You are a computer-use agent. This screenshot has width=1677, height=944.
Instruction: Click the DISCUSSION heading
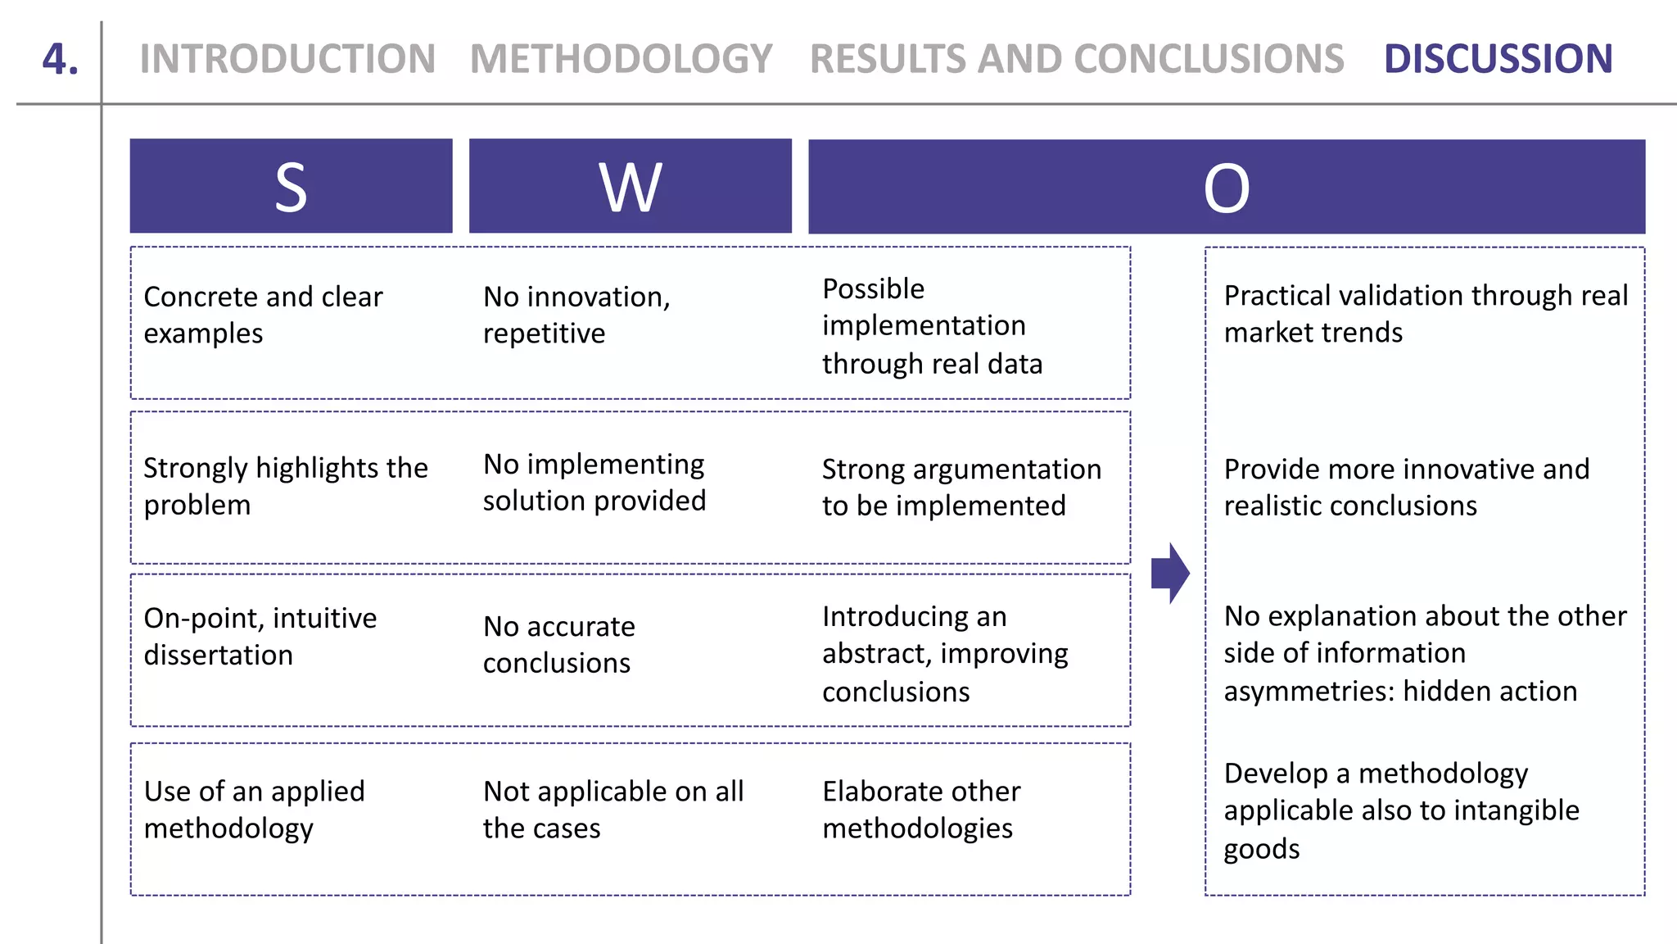click(x=1498, y=59)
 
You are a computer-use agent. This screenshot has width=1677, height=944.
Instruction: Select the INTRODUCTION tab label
click(x=287, y=59)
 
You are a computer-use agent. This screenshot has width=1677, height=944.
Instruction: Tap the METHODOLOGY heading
click(x=621, y=59)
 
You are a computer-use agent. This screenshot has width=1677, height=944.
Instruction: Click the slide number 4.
click(x=61, y=59)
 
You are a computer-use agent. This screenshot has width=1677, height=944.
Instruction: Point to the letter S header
click(x=291, y=187)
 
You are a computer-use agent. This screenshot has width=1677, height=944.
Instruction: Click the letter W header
click(x=630, y=187)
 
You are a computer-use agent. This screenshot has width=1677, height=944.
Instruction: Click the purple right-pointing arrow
click(x=1170, y=573)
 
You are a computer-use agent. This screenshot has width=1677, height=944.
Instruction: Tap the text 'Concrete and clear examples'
click(x=262, y=315)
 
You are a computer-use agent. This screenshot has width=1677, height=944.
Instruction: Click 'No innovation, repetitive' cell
click(x=576, y=315)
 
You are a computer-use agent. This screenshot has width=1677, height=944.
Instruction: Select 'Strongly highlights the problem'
click(x=285, y=486)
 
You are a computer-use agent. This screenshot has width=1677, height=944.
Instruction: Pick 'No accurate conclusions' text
click(x=558, y=644)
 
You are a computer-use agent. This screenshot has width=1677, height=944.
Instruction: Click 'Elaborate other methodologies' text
click(x=920, y=810)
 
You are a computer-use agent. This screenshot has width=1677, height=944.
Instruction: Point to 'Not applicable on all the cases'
click(x=612, y=810)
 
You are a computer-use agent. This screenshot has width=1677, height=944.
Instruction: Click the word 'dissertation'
click(x=218, y=656)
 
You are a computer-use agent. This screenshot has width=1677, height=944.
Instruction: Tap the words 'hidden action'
click(x=1489, y=692)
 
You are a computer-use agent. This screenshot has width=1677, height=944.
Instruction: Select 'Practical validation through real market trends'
click(x=1425, y=314)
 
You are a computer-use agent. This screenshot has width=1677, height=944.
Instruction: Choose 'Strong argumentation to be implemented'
click(x=961, y=488)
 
